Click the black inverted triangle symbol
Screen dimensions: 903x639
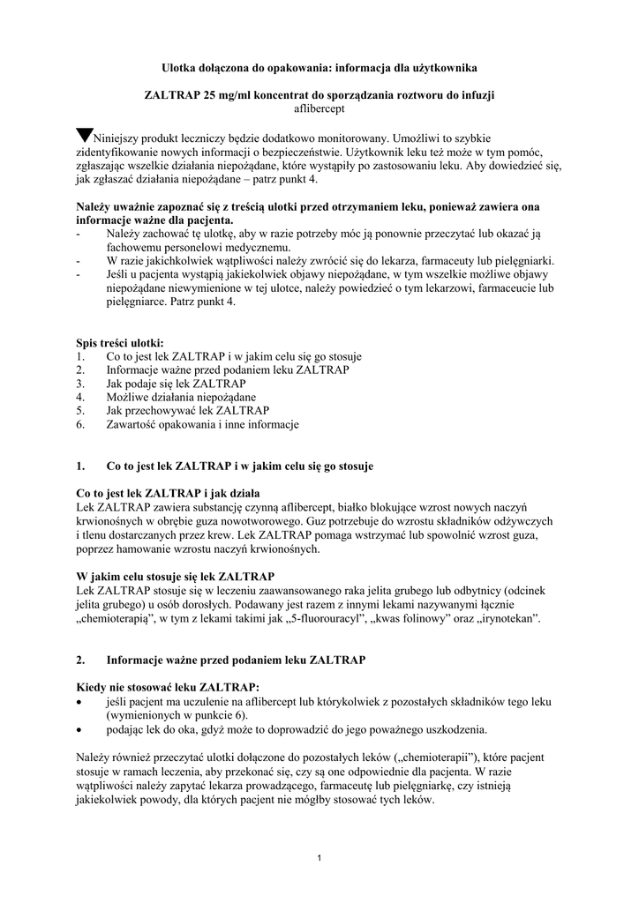coord(84,136)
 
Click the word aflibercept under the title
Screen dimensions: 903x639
coord(319,108)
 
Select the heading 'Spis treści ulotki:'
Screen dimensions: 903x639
coord(119,343)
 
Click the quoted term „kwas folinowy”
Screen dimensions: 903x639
coord(410,619)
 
